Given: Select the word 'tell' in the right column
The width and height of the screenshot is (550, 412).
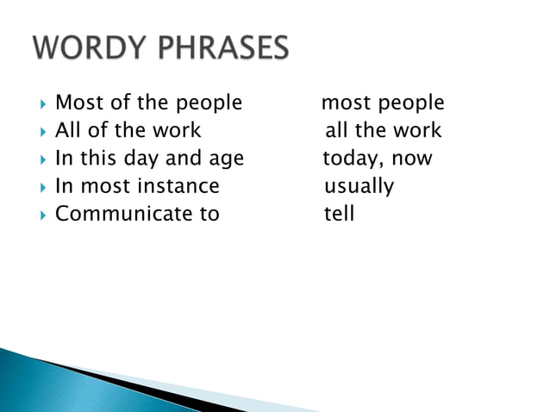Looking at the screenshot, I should [339, 214].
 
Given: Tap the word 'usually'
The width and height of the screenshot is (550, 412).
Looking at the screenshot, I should [359, 187].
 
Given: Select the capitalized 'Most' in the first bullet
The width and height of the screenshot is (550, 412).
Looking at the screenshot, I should [75, 103].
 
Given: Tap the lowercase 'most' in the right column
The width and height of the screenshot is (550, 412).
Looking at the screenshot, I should [343, 103].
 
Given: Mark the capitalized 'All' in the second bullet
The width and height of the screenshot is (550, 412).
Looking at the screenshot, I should [67, 131].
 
